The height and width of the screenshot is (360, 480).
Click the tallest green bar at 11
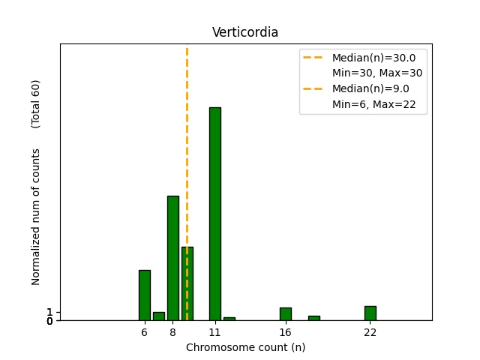click(x=215, y=214)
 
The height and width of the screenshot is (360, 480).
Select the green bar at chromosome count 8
click(x=173, y=258)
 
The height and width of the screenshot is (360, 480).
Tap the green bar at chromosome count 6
click(x=145, y=295)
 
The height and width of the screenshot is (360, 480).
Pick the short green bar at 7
click(x=159, y=316)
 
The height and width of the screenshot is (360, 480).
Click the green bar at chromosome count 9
click(x=187, y=283)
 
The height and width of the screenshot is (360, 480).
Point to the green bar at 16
click(x=286, y=314)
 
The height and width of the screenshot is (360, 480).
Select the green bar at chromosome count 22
click(x=370, y=313)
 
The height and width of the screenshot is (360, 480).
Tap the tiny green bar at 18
click(x=314, y=318)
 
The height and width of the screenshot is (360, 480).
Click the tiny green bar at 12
click(x=229, y=319)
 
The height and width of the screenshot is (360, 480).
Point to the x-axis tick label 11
click(x=215, y=332)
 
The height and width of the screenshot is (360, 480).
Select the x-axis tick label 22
click(x=370, y=332)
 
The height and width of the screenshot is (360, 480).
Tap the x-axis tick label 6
click(x=145, y=332)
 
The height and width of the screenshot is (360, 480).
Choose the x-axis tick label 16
click(x=286, y=332)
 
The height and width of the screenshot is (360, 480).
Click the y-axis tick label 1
click(x=49, y=312)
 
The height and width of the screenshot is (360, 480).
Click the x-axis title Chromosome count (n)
click(x=245, y=347)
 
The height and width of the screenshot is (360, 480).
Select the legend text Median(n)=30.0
click(x=373, y=58)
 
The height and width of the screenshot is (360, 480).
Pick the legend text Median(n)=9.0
click(x=370, y=88)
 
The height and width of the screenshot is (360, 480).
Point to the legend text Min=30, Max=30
click(x=377, y=73)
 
